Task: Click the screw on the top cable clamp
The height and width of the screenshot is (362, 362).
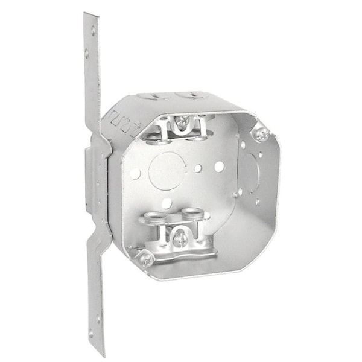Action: tap(182, 126)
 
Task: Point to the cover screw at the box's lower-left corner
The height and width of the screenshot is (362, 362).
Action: tap(146, 259)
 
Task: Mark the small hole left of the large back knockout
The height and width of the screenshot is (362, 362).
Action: tap(135, 173)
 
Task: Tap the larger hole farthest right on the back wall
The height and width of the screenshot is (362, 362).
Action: tap(219, 166)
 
